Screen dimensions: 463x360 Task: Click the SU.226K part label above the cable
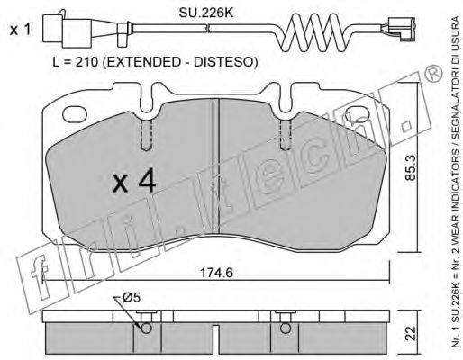coord(206,13)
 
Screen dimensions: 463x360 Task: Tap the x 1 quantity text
coord(20,30)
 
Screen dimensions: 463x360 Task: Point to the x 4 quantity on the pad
coord(134,180)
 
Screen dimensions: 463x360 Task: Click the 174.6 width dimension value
coord(216,273)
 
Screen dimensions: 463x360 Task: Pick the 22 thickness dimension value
coord(410,333)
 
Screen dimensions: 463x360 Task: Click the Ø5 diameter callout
coord(132,298)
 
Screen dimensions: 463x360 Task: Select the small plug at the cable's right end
coord(399,29)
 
